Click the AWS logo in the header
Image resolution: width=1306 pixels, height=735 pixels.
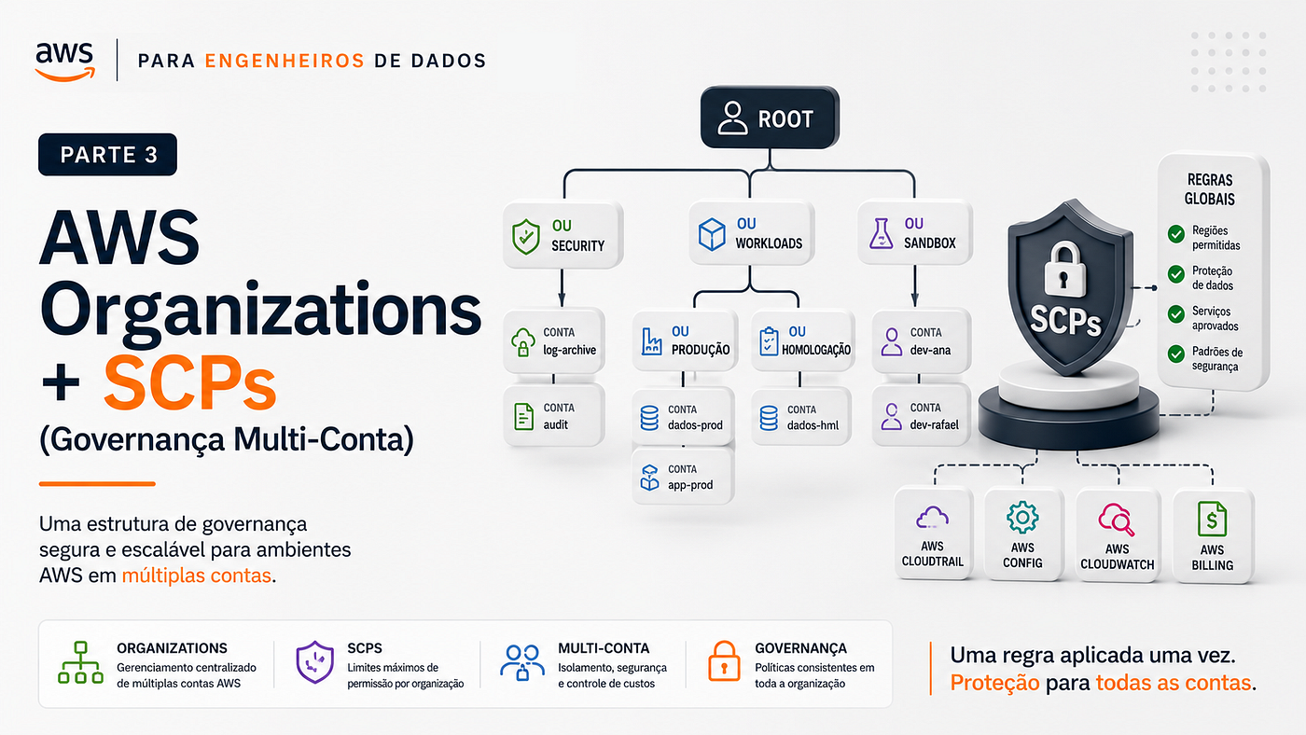64,62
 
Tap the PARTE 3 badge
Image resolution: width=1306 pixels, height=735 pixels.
108,155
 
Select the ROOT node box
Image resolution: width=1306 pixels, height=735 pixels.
770,118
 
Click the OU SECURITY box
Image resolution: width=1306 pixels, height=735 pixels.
563,235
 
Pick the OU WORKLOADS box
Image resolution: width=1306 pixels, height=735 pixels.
751,233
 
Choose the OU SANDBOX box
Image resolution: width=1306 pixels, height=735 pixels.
914,232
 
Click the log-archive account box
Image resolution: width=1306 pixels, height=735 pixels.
554,341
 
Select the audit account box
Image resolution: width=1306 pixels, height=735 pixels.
554,416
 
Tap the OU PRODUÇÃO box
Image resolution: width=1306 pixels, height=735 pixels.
685,341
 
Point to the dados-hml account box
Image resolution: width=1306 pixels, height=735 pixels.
801,417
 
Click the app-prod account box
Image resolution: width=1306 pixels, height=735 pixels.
683,477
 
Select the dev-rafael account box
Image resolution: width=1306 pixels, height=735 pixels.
922,416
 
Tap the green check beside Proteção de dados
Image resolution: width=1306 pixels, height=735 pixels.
1176,274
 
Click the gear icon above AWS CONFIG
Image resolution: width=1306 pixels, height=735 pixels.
1022,517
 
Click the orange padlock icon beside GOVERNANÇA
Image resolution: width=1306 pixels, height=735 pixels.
724,661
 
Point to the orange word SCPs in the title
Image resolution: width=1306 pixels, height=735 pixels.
189,383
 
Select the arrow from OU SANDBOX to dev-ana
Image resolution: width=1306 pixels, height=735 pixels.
914,285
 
